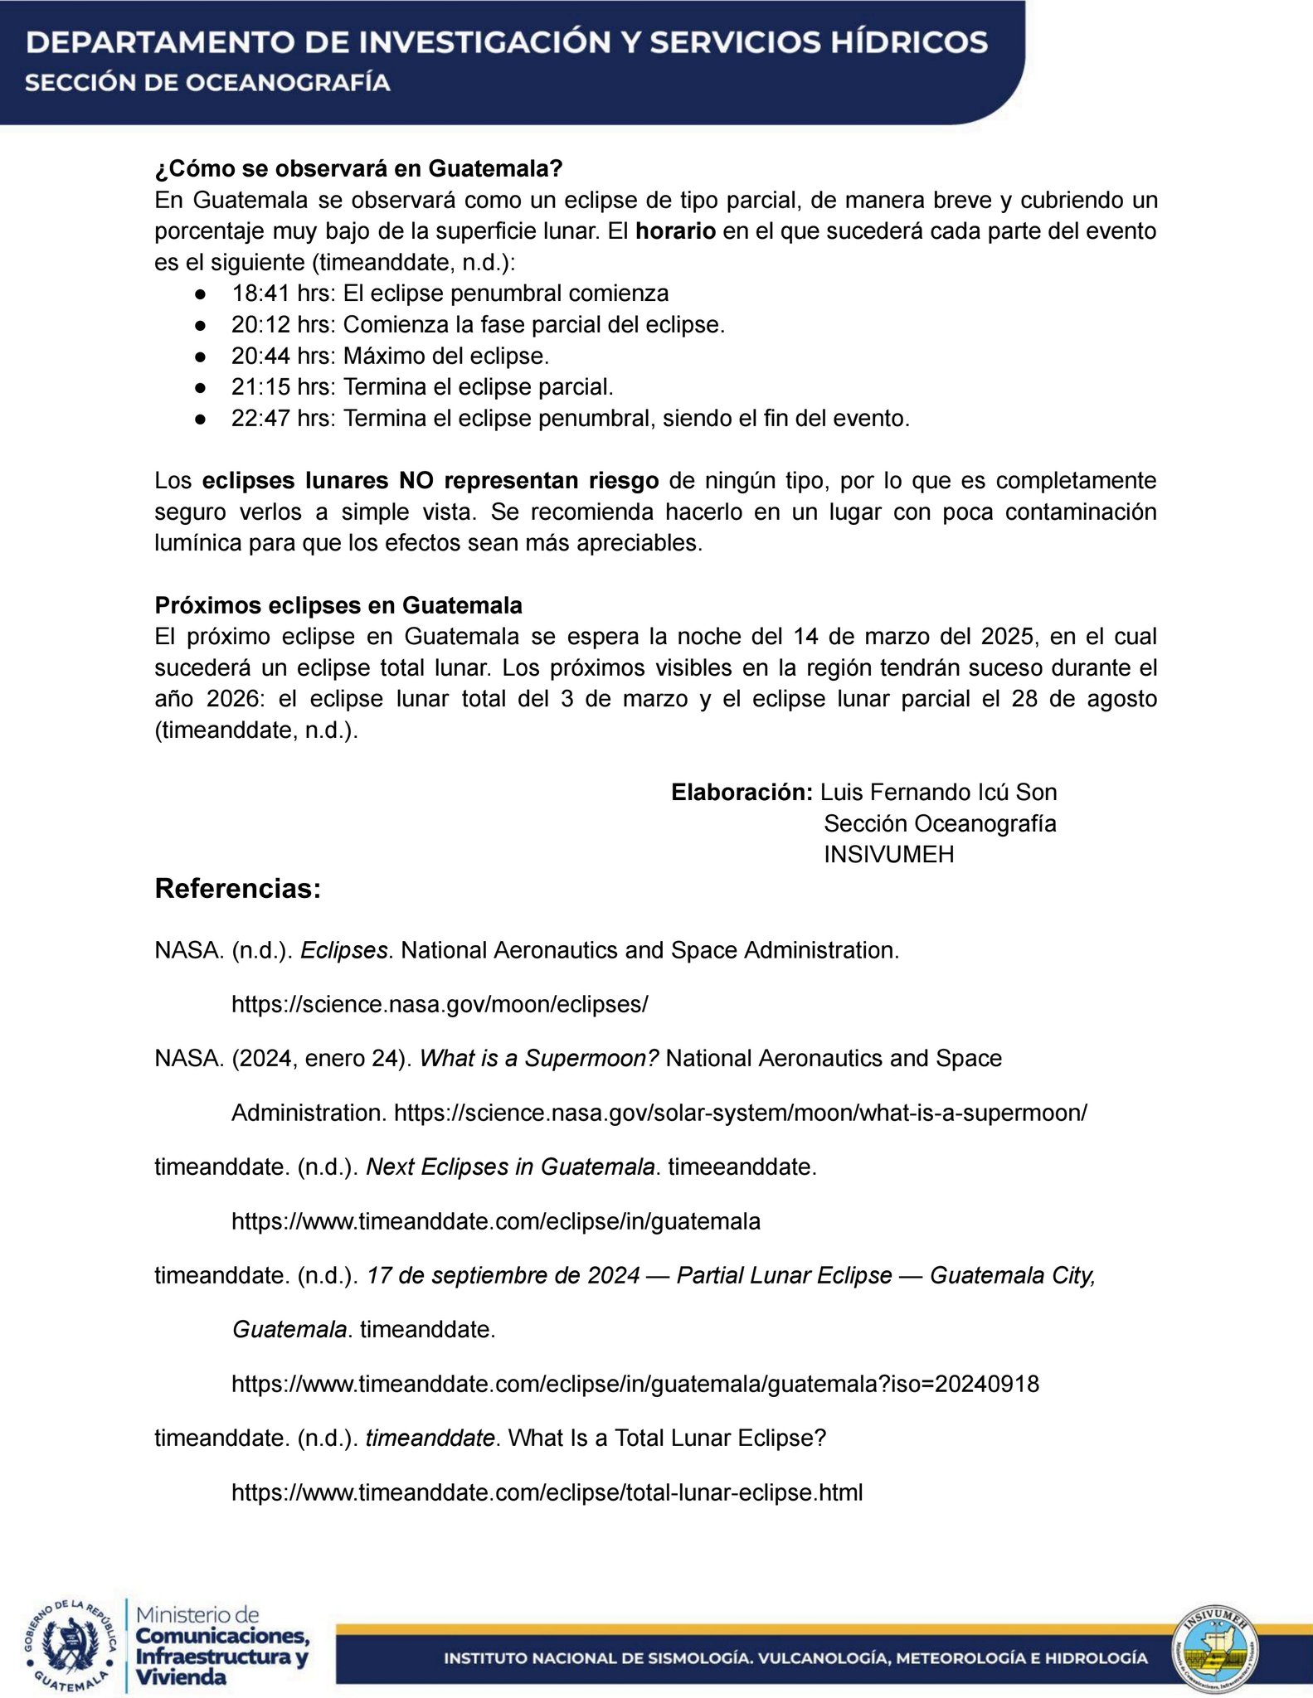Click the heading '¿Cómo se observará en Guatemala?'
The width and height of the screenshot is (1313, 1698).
[358, 168]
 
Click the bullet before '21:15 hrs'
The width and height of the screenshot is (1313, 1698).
[200, 387]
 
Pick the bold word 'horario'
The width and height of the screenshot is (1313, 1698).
[675, 231]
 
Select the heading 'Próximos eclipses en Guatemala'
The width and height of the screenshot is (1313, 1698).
[338, 605]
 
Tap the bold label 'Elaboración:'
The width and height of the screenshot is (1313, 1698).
[742, 792]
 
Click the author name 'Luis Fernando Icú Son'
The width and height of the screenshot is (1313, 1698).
[938, 792]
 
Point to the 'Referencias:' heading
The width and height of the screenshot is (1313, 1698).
[237, 889]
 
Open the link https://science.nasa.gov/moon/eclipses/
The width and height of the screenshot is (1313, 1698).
[440, 1004]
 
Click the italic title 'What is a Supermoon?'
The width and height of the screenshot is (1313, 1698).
[539, 1058]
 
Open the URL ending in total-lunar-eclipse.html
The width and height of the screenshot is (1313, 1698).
[547, 1492]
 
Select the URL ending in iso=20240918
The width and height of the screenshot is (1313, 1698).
[635, 1384]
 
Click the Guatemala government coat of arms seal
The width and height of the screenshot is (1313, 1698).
[70, 1645]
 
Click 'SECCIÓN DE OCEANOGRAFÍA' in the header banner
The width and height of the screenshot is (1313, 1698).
[207, 83]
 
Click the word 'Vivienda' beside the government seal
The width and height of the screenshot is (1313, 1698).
[181, 1676]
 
